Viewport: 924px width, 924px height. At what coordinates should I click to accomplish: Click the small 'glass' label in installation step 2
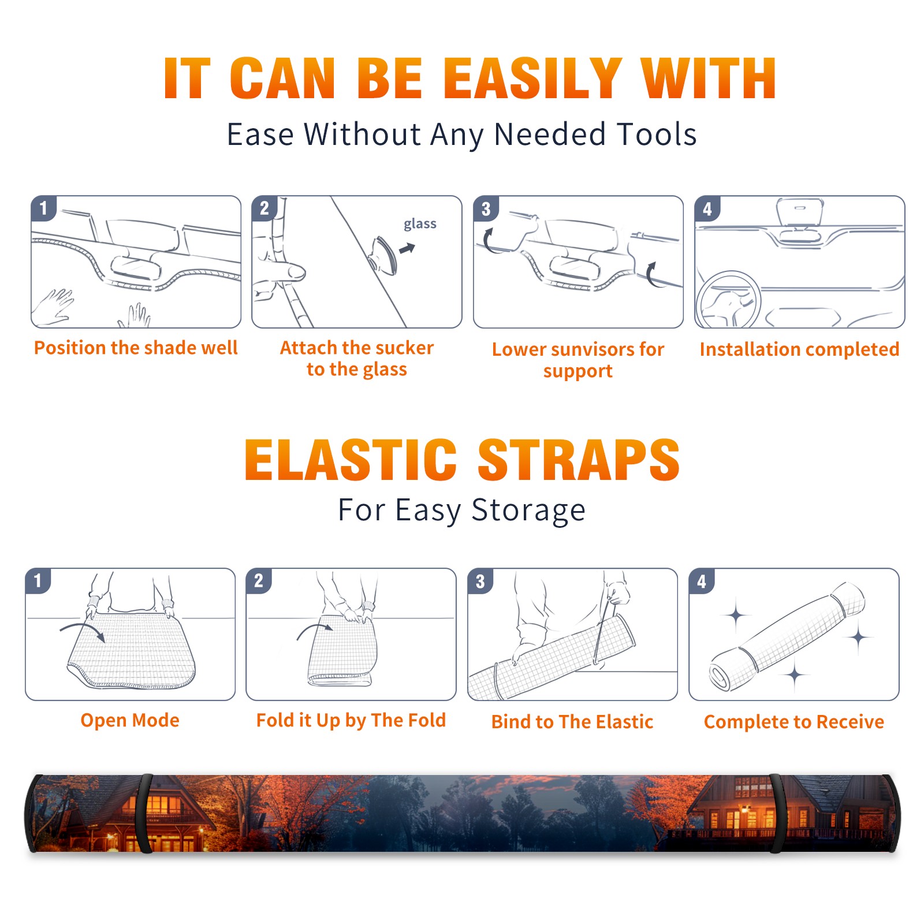click(420, 224)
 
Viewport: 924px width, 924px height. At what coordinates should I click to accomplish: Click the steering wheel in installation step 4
click(728, 299)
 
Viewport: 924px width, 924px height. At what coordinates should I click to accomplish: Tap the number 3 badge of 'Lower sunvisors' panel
click(486, 209)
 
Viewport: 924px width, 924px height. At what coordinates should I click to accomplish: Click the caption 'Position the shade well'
click(136, 348)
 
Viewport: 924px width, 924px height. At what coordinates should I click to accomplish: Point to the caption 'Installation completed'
click(799, 349)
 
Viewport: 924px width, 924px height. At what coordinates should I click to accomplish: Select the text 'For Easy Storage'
click(461, 510)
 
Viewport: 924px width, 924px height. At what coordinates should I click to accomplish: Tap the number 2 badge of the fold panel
click(259, 580)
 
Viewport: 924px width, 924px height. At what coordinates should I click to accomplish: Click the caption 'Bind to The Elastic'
click(572, 722)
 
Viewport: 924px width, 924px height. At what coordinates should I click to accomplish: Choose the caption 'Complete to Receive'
click(793, 722)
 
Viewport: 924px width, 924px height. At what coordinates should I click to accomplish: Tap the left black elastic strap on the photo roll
click(144, 813)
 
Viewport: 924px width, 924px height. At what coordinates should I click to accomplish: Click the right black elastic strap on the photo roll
click(777, 813)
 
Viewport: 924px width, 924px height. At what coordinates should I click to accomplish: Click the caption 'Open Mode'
click(130, 720)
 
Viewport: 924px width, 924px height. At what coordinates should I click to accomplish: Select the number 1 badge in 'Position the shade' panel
click(43, 208)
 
